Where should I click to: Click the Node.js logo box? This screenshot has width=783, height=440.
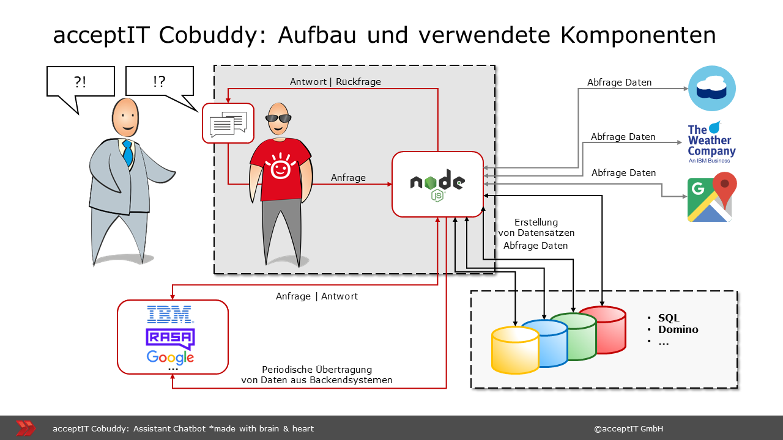pos(437,184)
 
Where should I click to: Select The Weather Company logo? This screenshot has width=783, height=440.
pos(711,142)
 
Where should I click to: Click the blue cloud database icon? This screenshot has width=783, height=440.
pos(712,88)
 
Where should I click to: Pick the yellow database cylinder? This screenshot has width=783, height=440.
pos(515,350)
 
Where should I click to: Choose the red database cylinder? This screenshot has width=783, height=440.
pos(603,330)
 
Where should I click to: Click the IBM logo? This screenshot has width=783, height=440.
pos(170,315)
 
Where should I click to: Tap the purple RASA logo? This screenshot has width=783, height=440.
pos(170,338)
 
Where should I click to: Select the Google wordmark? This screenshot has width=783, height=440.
pos(170,357)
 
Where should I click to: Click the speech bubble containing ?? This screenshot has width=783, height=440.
pos(80,82)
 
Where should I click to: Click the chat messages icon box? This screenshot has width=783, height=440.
pos(228,123)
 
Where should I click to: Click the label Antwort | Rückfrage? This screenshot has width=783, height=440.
pos(335,82)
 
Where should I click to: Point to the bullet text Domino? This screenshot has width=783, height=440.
pos(678,329)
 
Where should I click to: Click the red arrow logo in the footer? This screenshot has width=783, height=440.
pos(25,428)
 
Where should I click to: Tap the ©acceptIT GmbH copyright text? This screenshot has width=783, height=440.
pos(628,428)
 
